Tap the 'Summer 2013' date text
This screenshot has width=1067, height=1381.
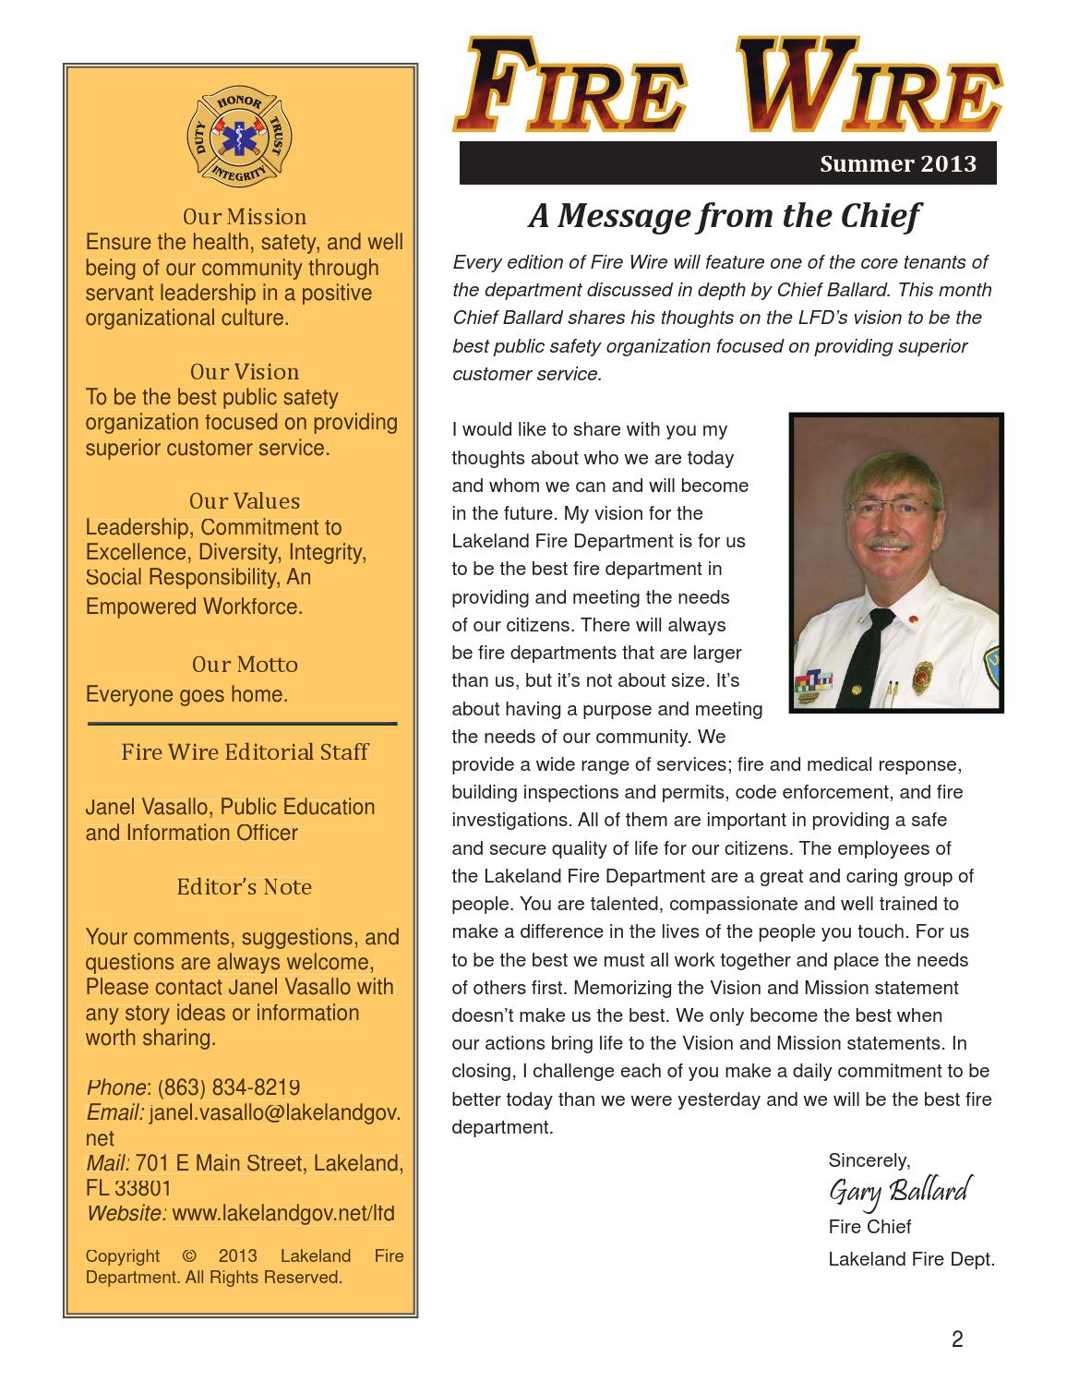(x=897, y=164)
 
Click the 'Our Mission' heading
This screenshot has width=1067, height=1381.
(x=244, y=217)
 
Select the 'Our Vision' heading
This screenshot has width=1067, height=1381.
(x=244, y=372)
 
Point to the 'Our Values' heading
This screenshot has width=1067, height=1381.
(x=244, y=501)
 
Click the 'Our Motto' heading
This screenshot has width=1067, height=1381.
(x=244, y=665)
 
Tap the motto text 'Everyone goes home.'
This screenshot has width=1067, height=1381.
(x=186, y=694)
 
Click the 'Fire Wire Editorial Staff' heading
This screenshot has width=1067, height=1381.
(x=244, y=752)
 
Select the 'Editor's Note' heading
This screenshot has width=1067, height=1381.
(x=244, y=887)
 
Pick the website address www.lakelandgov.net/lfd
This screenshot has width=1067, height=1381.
(x=283, y=1213)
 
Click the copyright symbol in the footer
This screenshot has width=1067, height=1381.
(x=189, y=1256)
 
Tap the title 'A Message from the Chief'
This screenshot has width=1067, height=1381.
(x=724, y=216)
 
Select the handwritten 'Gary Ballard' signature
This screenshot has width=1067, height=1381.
(x=897, y=1192)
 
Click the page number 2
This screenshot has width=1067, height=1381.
(x=956, y=1339)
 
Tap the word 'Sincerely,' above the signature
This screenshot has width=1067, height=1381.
(x=869, y=1160)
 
